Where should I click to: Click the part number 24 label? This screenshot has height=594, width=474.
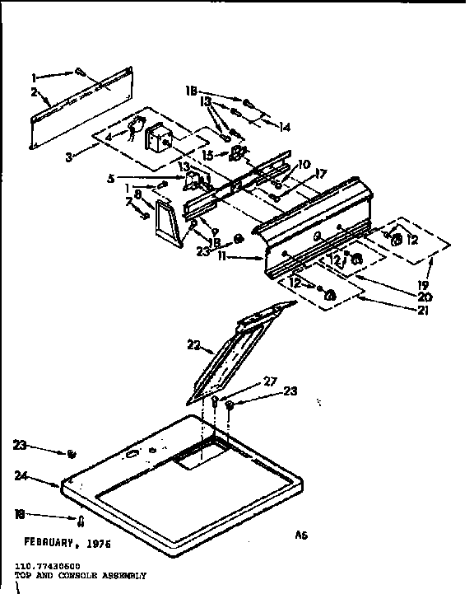[23, 475]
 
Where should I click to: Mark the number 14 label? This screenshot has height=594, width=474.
[286, 128]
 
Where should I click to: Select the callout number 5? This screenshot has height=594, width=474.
[111, 176]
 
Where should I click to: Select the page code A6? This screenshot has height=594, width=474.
[301, 535]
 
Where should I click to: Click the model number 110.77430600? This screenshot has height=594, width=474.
[46, 568]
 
